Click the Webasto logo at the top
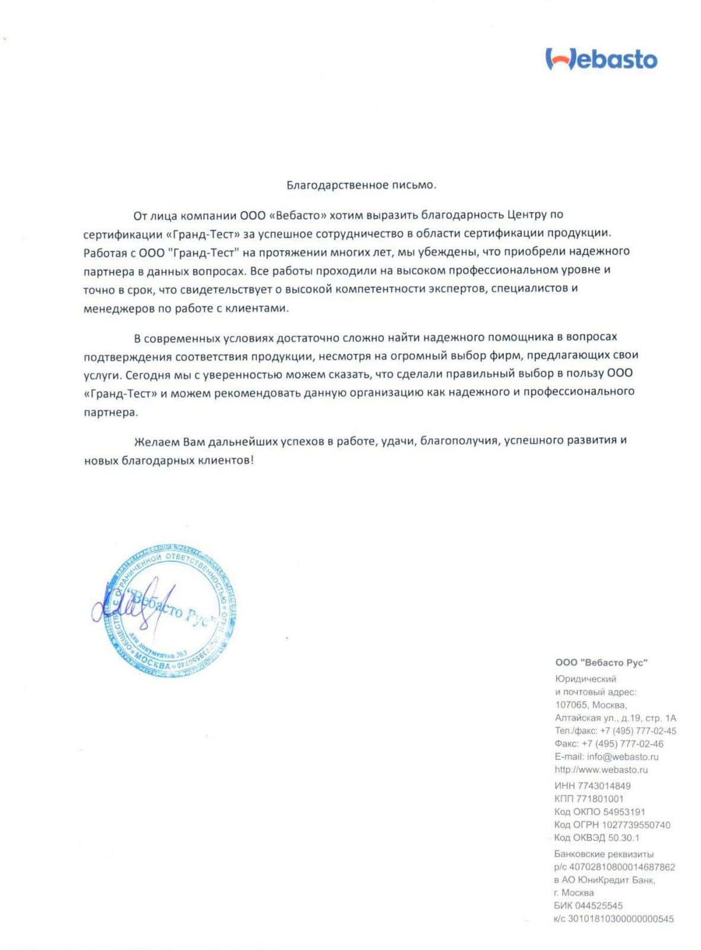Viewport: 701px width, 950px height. pos(601,59)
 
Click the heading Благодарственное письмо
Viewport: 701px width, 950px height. pos(361,185)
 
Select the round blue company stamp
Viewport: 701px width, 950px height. pos(171,612)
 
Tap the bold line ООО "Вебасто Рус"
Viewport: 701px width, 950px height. pos(601,663)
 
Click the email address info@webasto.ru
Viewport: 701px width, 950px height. pos(623,757)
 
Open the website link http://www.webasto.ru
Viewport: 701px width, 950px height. pos(601,770)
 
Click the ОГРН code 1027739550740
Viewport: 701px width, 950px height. pos(636,825)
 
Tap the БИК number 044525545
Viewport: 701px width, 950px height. pos(600,906)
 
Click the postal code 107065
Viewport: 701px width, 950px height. pos(571,705)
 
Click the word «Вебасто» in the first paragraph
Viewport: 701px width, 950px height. pos(299,215)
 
